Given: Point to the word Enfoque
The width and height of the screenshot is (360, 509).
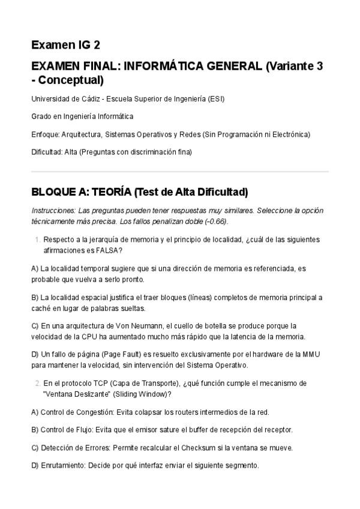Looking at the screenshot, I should click(46, 134).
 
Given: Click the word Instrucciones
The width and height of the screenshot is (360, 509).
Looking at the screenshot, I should click(55, 211).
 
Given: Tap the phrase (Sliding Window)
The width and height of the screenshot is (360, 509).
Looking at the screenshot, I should click(139, 394).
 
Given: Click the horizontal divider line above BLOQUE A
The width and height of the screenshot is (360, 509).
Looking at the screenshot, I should click(179, 172).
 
